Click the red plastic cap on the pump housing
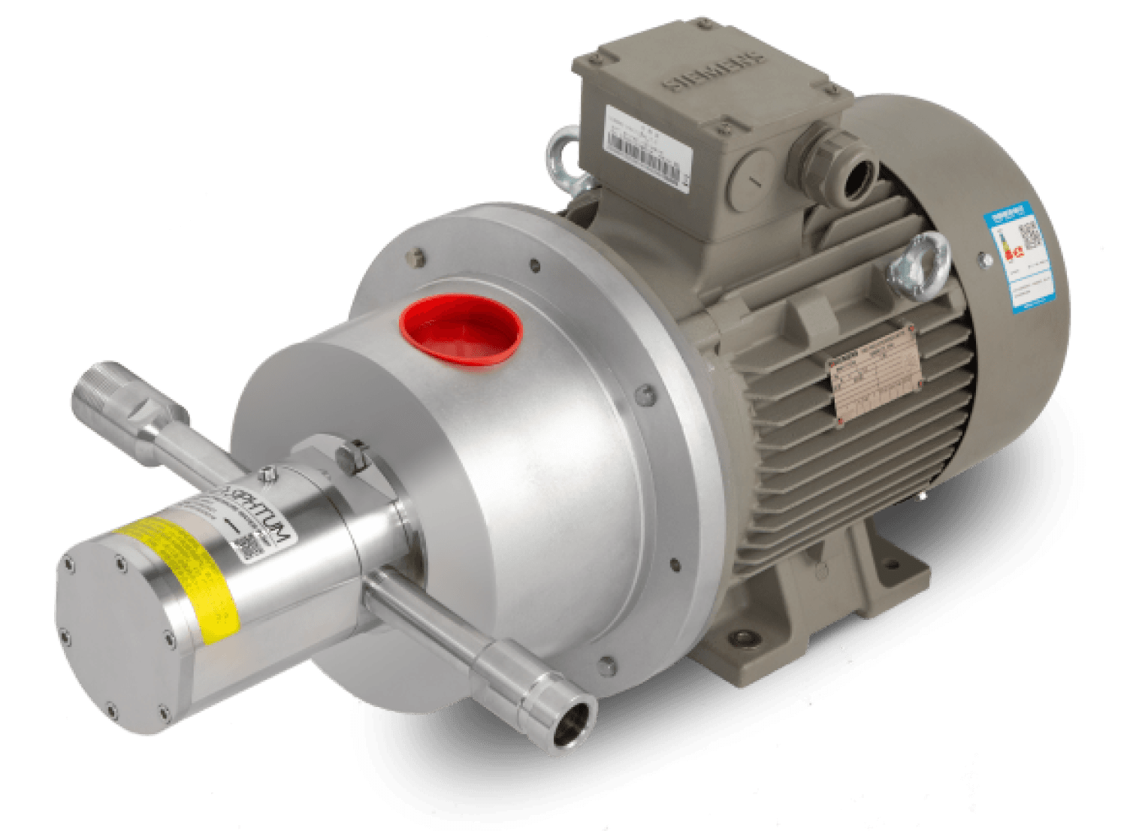click(463, 331)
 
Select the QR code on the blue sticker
click(1032, 234)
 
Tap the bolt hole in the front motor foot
click(744, 636)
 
